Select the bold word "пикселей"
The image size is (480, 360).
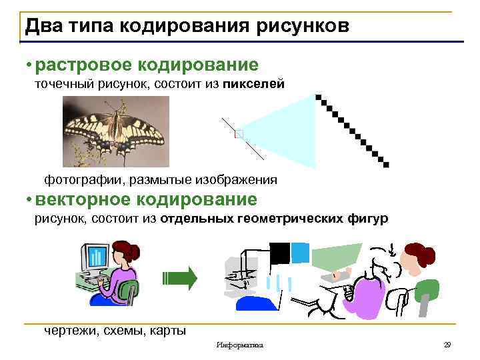click(254, 84)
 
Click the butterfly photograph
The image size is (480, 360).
click(115, 131)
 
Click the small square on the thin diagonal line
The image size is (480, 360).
click(239, 134)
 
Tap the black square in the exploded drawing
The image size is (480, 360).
click(280, 251)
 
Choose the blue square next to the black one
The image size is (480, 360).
click(301, 251)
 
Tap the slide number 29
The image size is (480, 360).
click(447, 345)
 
